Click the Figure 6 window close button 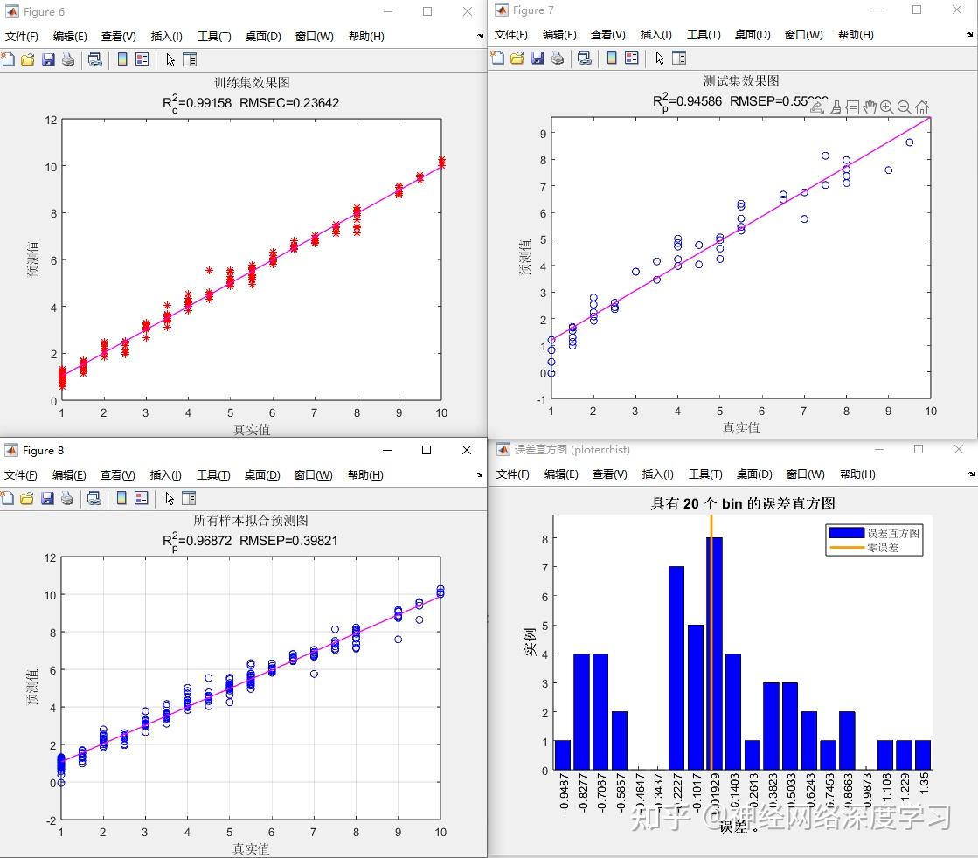(x=468, y=11)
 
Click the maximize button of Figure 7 (x=917, y=10)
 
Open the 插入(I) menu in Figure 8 (x=166, y=475)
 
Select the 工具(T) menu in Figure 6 (x=214, y=37)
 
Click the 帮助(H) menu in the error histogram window (x=857, y=474)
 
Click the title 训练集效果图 (x=252, y=83)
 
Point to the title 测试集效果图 (x=740, y=81)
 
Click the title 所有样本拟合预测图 (x=251, y=521)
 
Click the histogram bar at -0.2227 (x=676, y=668)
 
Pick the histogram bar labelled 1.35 (x=923, y=756)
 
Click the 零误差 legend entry (x=882, y=548)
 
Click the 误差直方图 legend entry (x=892, y=533)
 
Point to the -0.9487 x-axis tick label (x=563, y=793)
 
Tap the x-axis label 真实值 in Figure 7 (x=740, y=428)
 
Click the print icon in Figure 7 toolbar (x=557, y=59)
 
